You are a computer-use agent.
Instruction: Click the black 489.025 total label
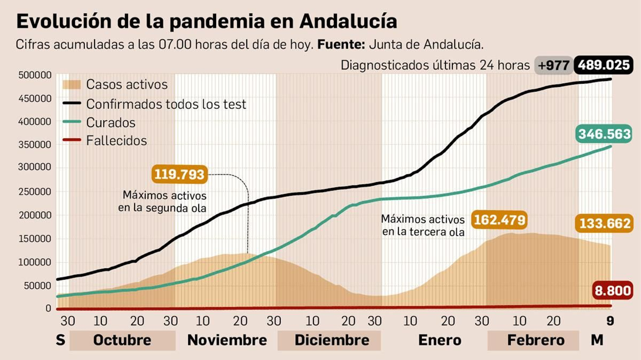603,65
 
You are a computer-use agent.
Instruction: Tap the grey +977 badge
554,65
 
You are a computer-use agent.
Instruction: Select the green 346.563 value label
604,134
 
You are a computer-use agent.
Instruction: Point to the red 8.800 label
613,290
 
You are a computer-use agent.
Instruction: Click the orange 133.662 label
605,223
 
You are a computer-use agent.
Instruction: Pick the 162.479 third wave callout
499,220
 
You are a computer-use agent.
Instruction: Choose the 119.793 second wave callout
179,174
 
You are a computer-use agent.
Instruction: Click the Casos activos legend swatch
72,84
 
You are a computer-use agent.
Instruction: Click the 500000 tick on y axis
35,75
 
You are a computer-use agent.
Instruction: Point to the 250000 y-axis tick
35,192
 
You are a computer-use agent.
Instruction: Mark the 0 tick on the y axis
48,308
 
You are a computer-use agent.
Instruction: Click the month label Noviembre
227,340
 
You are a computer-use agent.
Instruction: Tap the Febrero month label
536,340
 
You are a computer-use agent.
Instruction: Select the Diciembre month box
332,340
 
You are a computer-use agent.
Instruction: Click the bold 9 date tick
610,321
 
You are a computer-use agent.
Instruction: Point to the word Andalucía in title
348,21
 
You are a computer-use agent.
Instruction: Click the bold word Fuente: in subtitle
341,44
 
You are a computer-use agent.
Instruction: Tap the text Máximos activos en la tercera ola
423,225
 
